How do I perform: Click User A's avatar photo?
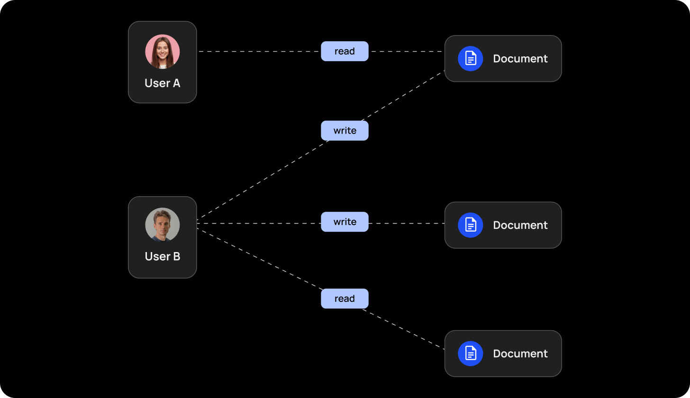coord(163,52)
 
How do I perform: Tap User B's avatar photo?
coord(163,225)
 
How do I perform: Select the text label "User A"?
coord(163,83)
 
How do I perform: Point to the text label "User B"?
coord(163,256)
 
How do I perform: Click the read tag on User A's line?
coord(345,51)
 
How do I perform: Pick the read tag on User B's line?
coord(345,298)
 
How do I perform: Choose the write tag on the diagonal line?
coord(345,131)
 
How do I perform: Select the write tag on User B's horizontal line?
coord(345,222)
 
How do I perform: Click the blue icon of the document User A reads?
coord(470,59)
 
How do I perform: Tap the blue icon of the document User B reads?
coord(470,353)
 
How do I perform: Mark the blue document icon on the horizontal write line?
coord(470,225)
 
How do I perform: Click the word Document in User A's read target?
coord(520,59)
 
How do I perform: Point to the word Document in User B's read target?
coord(520,353)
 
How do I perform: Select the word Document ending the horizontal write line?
coord(520,225)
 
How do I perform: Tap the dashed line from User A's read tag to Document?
coord(407,51)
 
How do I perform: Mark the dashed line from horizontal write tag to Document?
coord(407,223)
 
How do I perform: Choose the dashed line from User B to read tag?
coord(260,259)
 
